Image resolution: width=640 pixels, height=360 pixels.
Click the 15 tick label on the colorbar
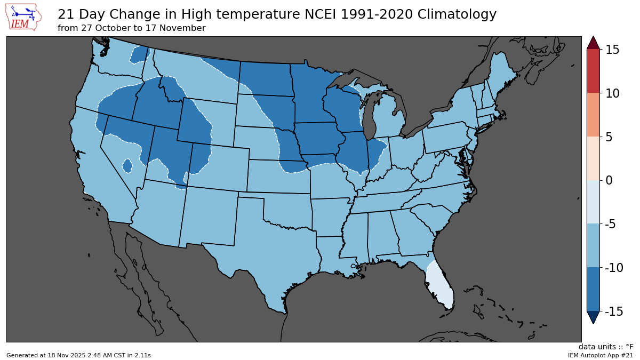[612, 50]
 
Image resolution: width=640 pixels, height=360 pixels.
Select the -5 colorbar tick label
[612, 224]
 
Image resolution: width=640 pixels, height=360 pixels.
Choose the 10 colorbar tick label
[612, 93]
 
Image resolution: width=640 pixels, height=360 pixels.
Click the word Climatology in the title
[453, 14]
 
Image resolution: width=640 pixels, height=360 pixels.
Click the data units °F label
[606, 347]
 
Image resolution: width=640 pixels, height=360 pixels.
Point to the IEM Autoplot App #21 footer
[600, 355]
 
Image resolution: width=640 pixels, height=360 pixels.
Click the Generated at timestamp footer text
[78, 355]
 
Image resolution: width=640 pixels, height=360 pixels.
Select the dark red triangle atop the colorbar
[593, 43]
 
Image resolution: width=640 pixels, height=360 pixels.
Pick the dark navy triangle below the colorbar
[593, 317]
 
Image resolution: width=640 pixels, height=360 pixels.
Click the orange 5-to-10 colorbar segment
[593, 115]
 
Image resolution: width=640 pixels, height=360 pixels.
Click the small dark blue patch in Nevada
[127, 166]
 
